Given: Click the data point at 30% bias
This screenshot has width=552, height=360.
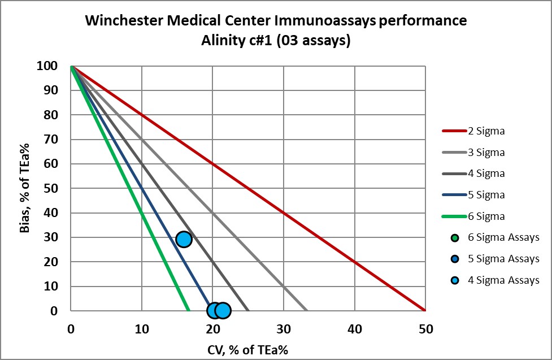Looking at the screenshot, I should pos(184,239).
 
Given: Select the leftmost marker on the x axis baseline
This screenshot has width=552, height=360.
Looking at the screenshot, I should pos(214,310).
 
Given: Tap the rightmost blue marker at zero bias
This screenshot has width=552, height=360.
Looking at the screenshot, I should pos(223,310).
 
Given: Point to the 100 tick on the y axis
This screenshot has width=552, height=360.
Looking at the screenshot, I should pos(47,66).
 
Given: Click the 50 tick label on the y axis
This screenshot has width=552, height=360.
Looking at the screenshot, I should pos(51,189).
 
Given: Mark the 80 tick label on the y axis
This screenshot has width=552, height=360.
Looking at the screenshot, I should pos(51,115).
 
